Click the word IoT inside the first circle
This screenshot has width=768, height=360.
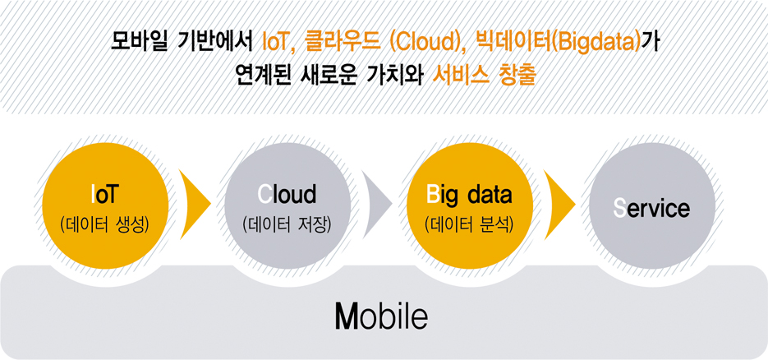point(105,196)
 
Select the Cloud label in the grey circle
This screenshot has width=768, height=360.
point(287,195)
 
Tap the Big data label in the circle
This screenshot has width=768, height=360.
point(469,196)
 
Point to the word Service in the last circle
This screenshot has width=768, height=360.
point(651,209)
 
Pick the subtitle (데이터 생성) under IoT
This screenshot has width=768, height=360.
point(104,225)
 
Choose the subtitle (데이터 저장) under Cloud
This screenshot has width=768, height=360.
point(287,225)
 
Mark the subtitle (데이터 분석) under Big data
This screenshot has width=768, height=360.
point(469,225)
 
